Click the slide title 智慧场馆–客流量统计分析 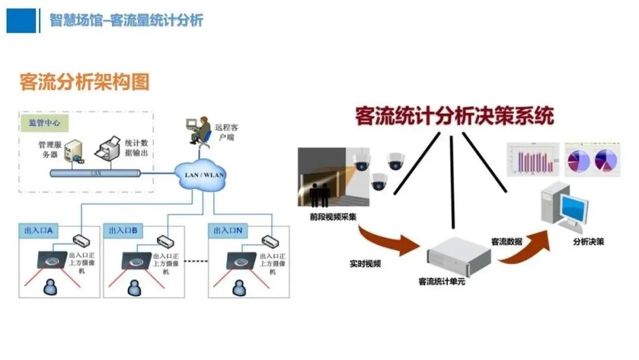[126, 20]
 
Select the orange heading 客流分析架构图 [84, 82]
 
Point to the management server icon [74, 151]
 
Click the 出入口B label [123, 231]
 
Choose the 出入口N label [228, 231]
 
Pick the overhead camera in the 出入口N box [239, 259]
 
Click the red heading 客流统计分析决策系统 [454, 116]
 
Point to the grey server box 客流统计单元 [459, 252]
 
